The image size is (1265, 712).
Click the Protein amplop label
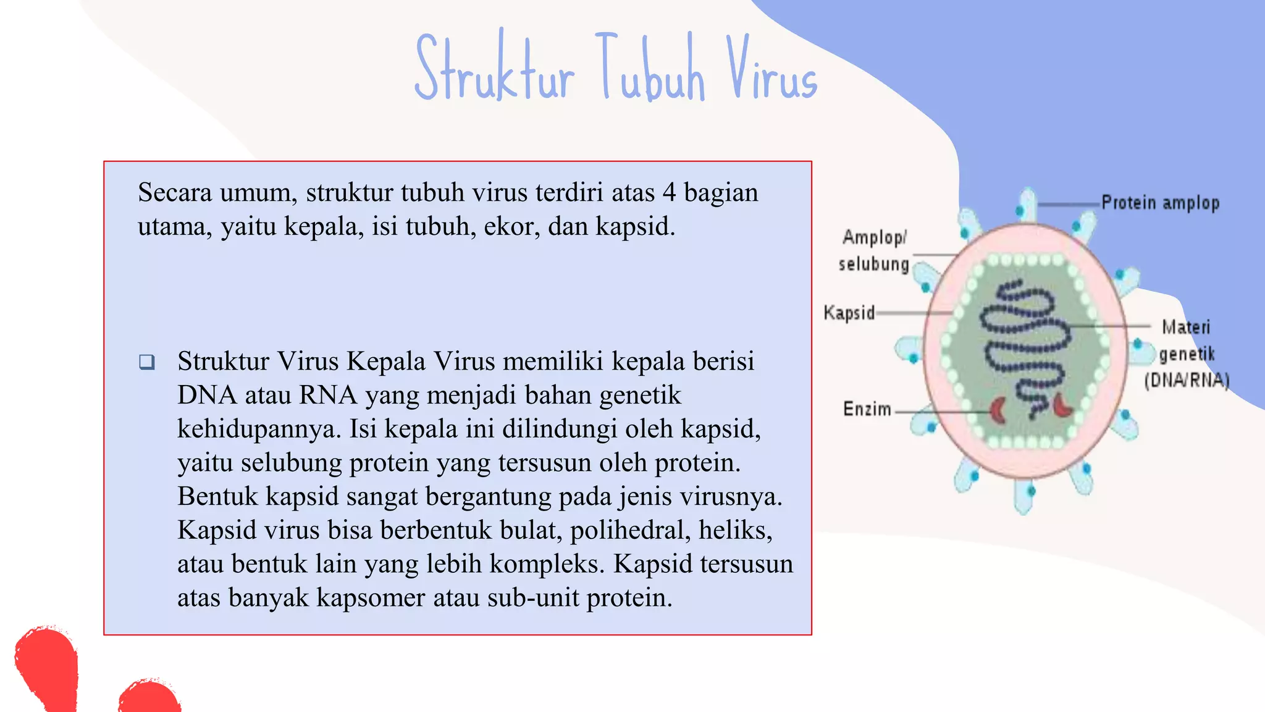click(1160, 203)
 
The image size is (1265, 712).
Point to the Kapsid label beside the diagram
click(849, 313)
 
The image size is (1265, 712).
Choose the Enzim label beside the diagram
click(867, 409)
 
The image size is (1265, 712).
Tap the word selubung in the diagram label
click(873, 265)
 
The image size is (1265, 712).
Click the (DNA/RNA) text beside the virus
click(1187, 380)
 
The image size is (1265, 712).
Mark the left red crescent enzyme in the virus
click(998, 410)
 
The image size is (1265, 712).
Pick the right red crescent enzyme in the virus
click(1062, 405)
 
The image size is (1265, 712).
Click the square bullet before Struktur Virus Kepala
click(147, 362)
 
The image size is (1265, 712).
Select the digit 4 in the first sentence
click(669, 193)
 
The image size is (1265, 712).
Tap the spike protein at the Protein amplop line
click(1027, 204)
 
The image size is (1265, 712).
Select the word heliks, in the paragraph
click(735, 530)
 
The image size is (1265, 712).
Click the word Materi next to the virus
click(1185, 327)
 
